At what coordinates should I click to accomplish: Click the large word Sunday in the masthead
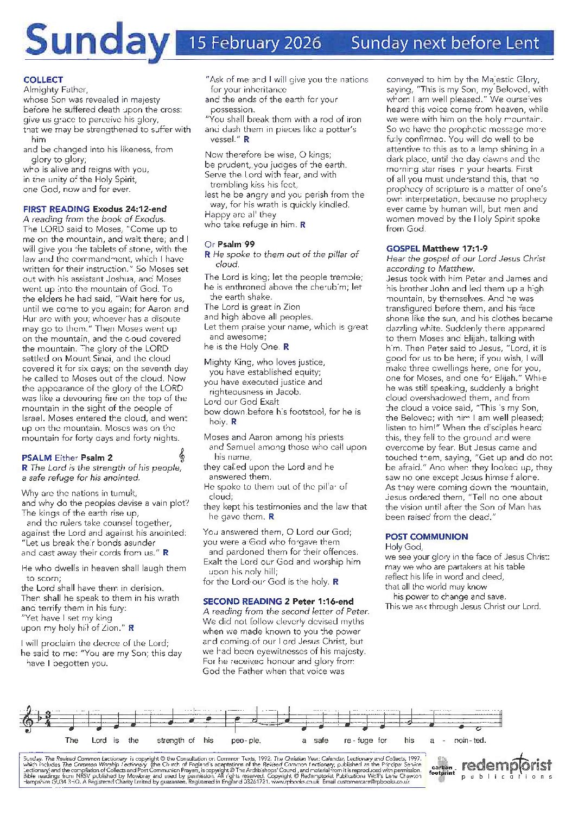click(97, 42)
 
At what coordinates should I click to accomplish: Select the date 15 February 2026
click(255, 43)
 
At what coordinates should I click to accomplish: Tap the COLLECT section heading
click(43, 79)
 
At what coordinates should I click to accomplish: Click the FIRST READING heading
click(56, 209)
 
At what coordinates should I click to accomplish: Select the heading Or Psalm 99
click(230, 244)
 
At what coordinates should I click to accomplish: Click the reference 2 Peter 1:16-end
click(319, 601)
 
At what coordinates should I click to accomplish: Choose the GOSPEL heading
click(403, 248)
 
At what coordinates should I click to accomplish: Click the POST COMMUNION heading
click(426, 536)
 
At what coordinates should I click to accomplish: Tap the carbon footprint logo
click(442, 768)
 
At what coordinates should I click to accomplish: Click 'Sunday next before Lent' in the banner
click(444, 43)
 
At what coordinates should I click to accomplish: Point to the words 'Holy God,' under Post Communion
click(404, 547)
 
